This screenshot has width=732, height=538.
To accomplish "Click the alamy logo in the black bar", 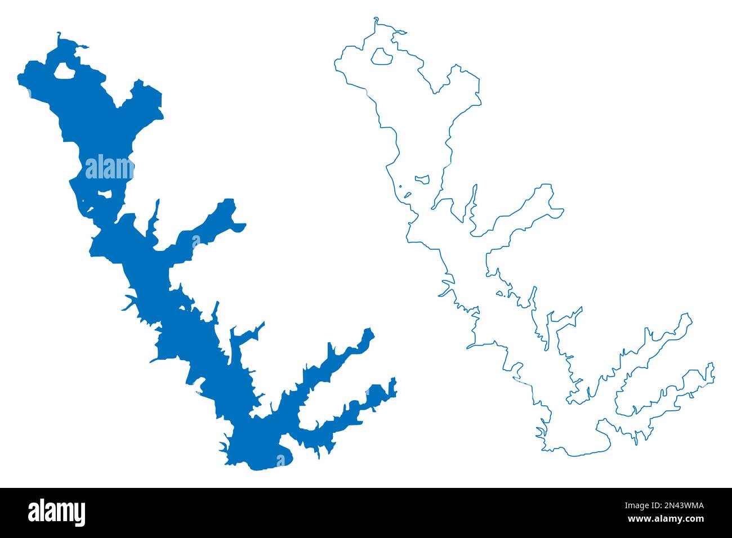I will point(56,513).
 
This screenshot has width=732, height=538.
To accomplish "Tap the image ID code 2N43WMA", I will point(681,506).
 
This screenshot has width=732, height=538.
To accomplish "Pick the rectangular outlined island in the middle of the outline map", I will point(422,180).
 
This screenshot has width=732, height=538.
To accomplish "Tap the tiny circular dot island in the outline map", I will point(399,186).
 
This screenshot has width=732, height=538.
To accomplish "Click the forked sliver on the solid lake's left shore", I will point(130,303).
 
